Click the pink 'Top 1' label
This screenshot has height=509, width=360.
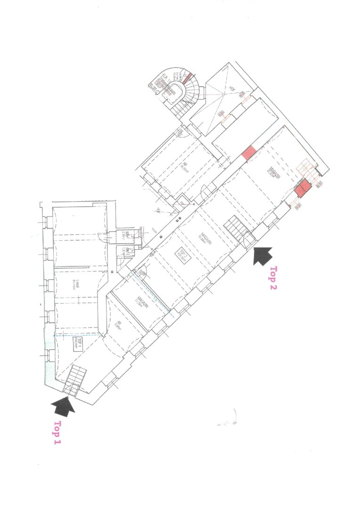[57, 433]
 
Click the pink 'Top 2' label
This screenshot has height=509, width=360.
[272, 278]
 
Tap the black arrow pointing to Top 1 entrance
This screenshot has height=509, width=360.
[64, 405]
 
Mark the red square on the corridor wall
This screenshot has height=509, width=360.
[249, 152]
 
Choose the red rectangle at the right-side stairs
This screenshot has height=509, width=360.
[303, 188]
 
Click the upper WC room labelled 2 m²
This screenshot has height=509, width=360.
[123, 234]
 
